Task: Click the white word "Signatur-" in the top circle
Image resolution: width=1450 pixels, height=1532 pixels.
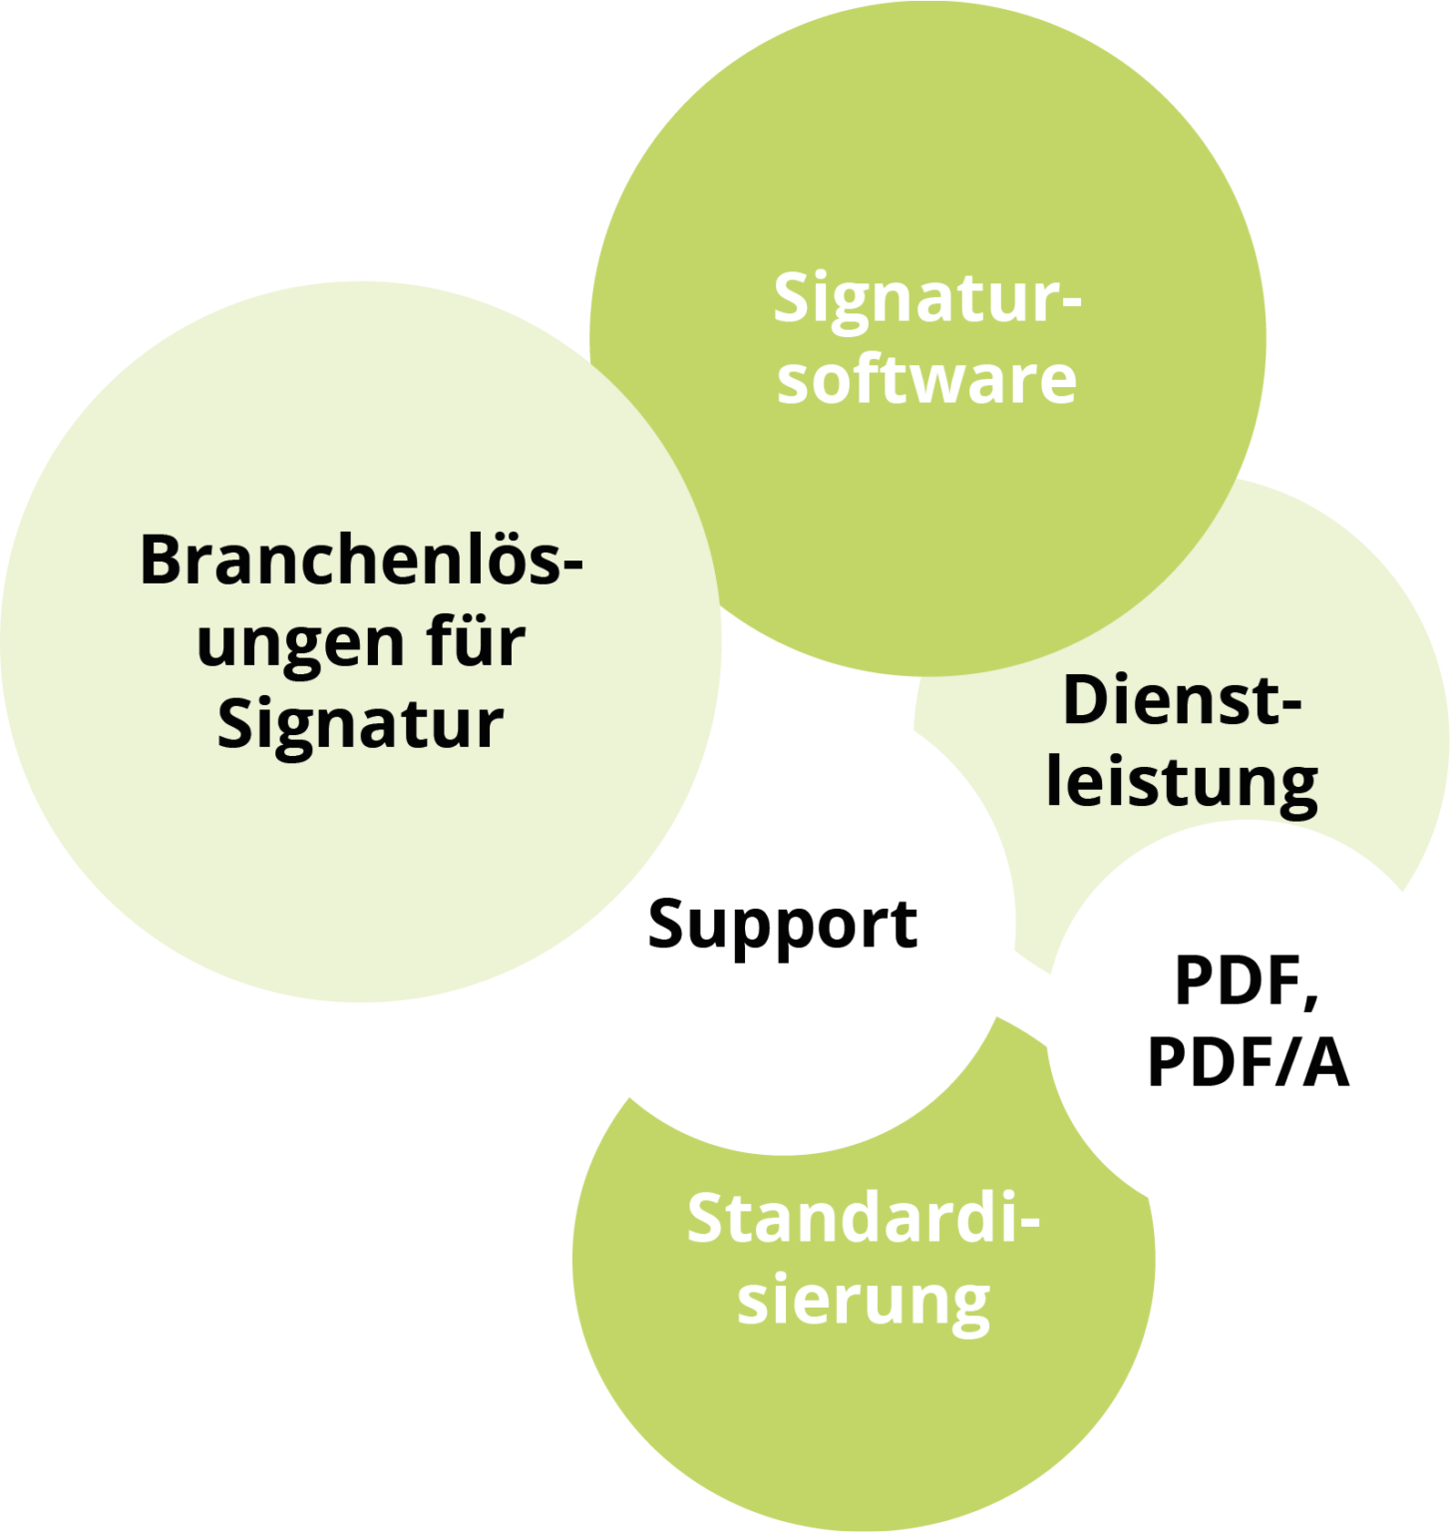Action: tap(926, 299)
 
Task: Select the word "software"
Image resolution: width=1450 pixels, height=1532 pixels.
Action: tap(926, 379)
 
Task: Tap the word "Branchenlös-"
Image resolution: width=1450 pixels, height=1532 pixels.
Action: tap(360, 561)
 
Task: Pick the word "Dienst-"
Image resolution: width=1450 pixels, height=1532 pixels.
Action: tap(1182, 700)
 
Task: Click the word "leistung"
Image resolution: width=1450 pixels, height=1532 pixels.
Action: tap(1182, 782)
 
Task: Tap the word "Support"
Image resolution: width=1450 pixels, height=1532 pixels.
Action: tap(783, 925)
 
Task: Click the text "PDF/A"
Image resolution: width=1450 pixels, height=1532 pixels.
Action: tap(1248, 1062)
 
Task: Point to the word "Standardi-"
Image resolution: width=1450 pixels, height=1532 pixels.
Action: tap(863, 1219)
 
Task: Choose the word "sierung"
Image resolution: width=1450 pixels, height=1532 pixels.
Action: tap(864, 1301)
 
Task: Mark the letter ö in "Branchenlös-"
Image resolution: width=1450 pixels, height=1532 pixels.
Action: tap(496, 561)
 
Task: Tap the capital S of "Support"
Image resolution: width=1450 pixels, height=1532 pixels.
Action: tap(669, 923)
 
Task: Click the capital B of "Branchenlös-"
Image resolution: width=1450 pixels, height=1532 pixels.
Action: tap(162, 561)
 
